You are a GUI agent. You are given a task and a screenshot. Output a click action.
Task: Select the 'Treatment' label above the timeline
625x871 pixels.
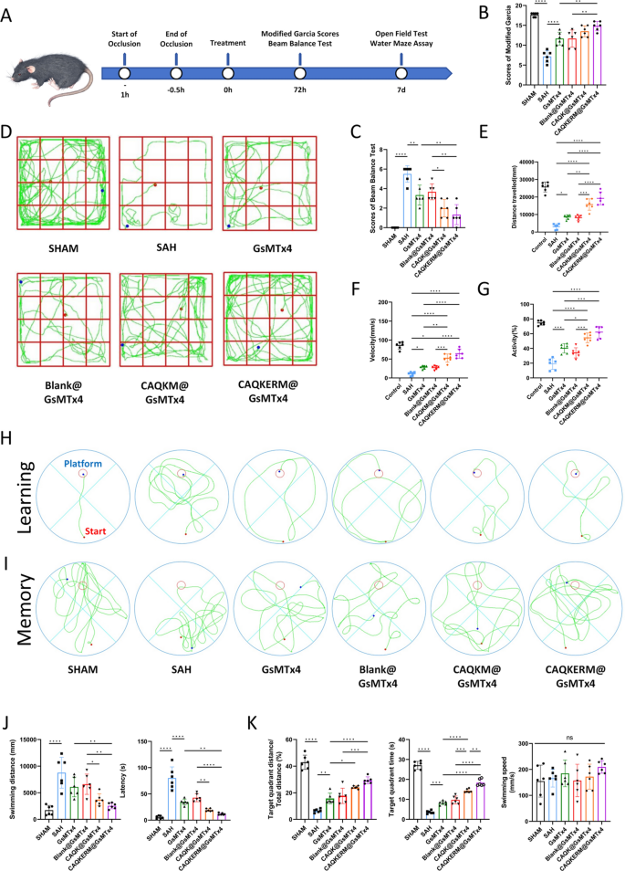point(227,43)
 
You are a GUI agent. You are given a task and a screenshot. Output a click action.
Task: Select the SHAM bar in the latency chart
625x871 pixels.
point(161,792)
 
